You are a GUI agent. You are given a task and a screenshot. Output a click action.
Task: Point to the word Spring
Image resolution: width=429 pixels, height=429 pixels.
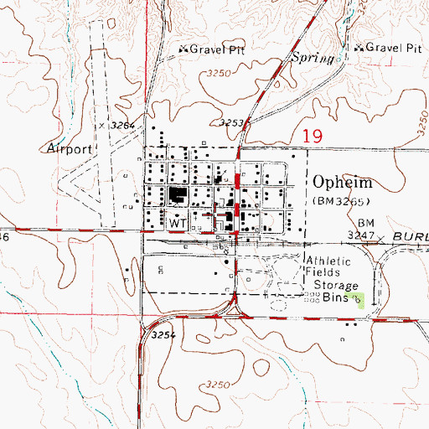coord(312,57)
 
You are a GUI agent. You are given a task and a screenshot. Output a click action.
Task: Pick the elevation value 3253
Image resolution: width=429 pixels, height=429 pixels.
coord(230,122)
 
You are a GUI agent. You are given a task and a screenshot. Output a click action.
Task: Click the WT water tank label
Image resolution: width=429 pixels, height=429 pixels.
coord(176,225)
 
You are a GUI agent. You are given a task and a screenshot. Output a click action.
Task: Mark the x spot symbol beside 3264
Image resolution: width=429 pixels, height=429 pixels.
coord(101,124)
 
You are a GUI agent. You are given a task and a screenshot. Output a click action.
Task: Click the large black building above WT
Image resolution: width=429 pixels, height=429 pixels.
coord(178,198)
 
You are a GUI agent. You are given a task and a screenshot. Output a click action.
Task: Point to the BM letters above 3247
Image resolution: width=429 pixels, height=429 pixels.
coord(364,224)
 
